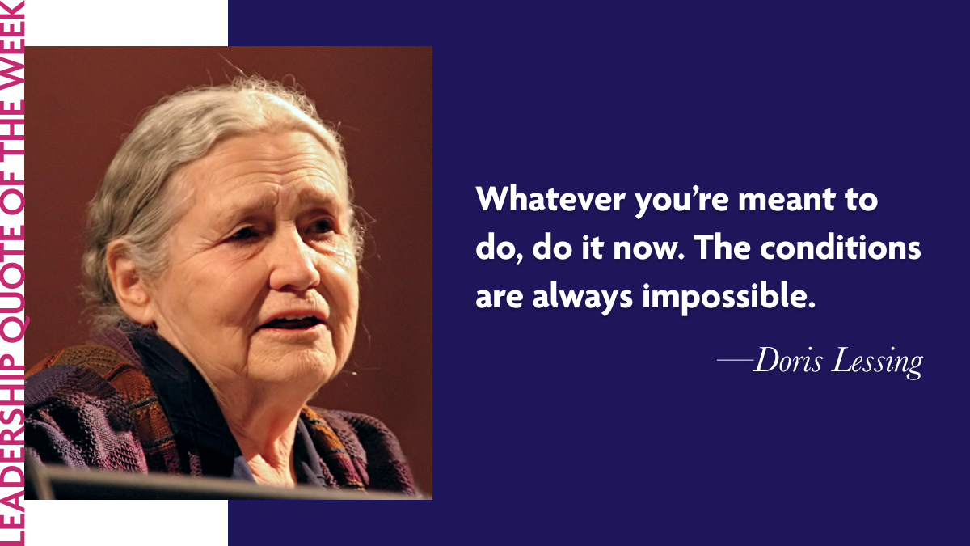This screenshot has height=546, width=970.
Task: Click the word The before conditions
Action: [724, 248]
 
